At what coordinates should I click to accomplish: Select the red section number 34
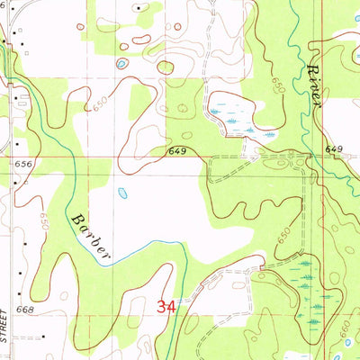tap(166, 306)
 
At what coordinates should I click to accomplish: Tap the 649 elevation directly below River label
tap(335, 148)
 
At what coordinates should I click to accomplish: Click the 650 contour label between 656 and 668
tap(42, 218)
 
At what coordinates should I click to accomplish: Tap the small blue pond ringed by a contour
tap(121, 64)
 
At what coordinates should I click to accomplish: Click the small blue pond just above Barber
tap(121, 192)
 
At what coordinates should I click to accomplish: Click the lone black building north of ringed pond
tap(137, 7)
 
